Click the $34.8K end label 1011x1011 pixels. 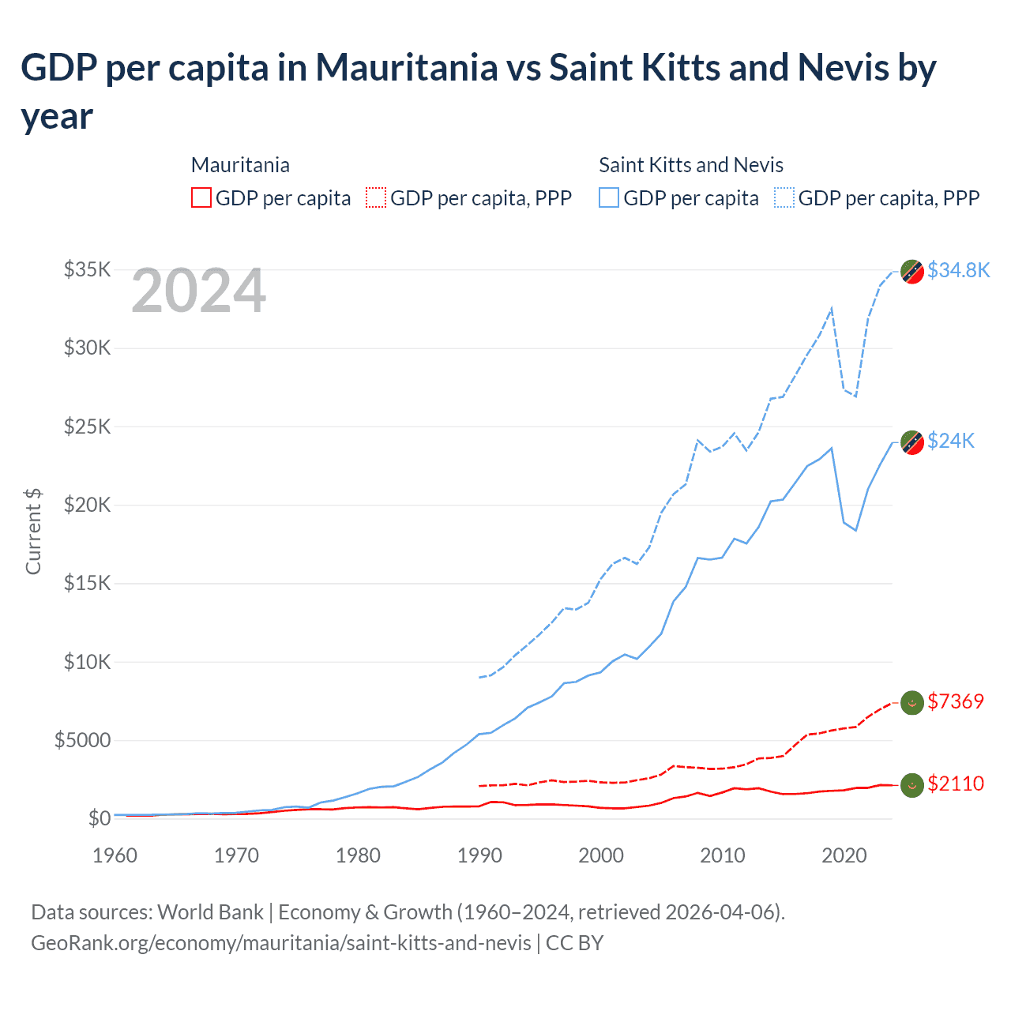click(x=958, y=270)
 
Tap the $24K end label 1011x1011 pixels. click(x=951, y=441)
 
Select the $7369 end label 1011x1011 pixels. click(x=956, y=701)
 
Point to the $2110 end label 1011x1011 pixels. click(x=956, y=784)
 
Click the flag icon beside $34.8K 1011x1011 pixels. click(x=912, y=271)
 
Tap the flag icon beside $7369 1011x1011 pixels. click(x=912, y=702)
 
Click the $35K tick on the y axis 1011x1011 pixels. click(x=87, y=269)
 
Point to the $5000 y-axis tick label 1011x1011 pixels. click(x=82, y=740)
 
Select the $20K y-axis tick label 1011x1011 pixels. click(x=87, y=505)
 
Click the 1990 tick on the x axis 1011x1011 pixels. click(x=479, y=855)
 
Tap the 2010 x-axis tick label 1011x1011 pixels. click(x=723, y=855)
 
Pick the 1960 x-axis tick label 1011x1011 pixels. click(x=115, y=855)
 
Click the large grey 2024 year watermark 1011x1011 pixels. click(x=198, y=291)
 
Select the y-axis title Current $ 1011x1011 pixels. click(x=33, y=531)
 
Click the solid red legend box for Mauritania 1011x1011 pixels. click(x=201, y=197)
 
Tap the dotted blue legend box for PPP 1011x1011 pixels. click(x=784, y=197)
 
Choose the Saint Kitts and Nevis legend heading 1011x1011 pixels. click(x=690, y=165)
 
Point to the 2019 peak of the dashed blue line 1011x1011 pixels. click(x=832, y=308)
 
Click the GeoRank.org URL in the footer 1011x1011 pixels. click(x=280, y=943)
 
